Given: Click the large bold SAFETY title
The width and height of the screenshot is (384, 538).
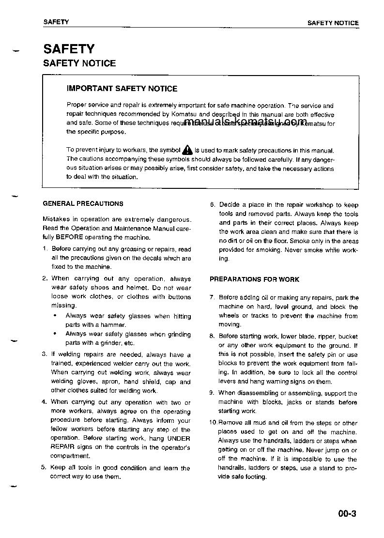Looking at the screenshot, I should click(x=69, y=49).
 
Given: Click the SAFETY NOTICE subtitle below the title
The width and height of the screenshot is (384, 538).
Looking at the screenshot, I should click(x=79, y=63).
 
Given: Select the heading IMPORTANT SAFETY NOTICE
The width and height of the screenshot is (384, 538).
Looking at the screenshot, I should click(x=122, y=89).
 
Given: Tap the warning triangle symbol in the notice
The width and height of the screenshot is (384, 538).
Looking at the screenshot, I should click(x=187, y=151).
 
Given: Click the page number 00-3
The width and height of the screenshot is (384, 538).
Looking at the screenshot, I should click(x=347, y=514).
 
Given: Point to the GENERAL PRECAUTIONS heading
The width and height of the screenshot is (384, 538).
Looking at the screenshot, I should click(x=83, y=204).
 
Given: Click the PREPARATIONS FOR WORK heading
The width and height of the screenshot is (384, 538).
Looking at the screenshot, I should click(x=254, y=279).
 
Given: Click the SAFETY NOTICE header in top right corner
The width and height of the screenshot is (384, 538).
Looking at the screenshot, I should click(x=333, y=23).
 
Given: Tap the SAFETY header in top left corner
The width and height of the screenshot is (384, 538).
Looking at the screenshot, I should click(x=56, y=22).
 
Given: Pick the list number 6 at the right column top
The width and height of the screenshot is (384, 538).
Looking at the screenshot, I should click(x=212, y=205).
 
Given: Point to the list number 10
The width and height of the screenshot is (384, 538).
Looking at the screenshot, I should click(x=213, y=423).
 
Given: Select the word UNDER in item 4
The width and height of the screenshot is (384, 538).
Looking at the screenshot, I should click(x=179, y=438).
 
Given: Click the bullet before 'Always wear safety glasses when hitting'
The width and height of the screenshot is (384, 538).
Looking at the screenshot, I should click(x=55, y=316).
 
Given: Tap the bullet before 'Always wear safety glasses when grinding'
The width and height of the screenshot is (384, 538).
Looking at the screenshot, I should click(x=55, y=334).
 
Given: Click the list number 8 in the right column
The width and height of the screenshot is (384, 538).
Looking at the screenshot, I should click(x=212, y=336).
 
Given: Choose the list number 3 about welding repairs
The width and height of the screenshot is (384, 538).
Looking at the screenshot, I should click(x=44, y=354).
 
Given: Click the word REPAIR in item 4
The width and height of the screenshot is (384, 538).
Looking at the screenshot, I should click(x=61, y=447).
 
